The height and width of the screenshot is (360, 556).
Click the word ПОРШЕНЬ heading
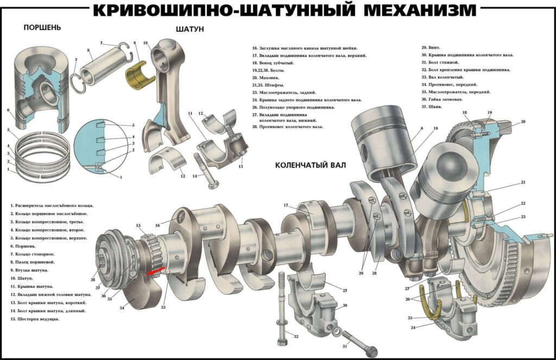coord(42,27)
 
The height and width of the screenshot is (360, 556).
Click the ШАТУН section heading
coord(190,29)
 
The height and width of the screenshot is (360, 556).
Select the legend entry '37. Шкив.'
coord(432,107)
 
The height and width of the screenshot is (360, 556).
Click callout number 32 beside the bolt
coord(296,337)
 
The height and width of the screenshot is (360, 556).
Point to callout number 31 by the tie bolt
coord(344,346)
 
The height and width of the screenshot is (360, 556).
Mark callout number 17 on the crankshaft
coord(285,205)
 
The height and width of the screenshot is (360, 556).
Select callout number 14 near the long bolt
coord(194,175)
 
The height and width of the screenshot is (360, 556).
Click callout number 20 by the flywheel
coord(523,122)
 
